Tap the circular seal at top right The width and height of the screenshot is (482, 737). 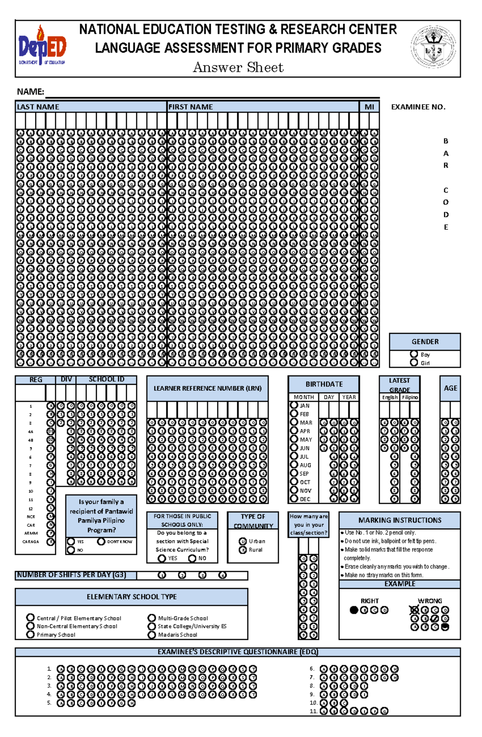433,47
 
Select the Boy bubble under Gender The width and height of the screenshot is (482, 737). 414,354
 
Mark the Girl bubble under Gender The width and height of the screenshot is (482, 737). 414,362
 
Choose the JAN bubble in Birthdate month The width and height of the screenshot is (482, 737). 294,405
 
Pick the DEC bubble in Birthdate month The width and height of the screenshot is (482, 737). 294,498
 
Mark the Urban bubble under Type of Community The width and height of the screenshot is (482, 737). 243,541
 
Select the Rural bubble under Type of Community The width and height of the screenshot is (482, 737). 243,550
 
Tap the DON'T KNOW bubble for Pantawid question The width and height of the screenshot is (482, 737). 101,541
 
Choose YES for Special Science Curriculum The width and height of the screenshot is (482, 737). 162,558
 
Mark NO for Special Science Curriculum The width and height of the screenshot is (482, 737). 192,558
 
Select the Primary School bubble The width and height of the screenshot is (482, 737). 30,634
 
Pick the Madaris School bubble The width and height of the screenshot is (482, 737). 151,635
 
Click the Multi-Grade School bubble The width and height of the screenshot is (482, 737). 151,618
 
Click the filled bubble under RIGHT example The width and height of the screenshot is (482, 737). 354,610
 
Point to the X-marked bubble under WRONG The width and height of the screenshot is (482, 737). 415,610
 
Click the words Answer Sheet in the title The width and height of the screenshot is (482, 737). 238,67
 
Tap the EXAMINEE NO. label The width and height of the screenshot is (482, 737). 418,107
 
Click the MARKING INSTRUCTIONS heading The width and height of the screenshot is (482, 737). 400,520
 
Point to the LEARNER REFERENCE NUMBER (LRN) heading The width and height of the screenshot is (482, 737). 207,388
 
